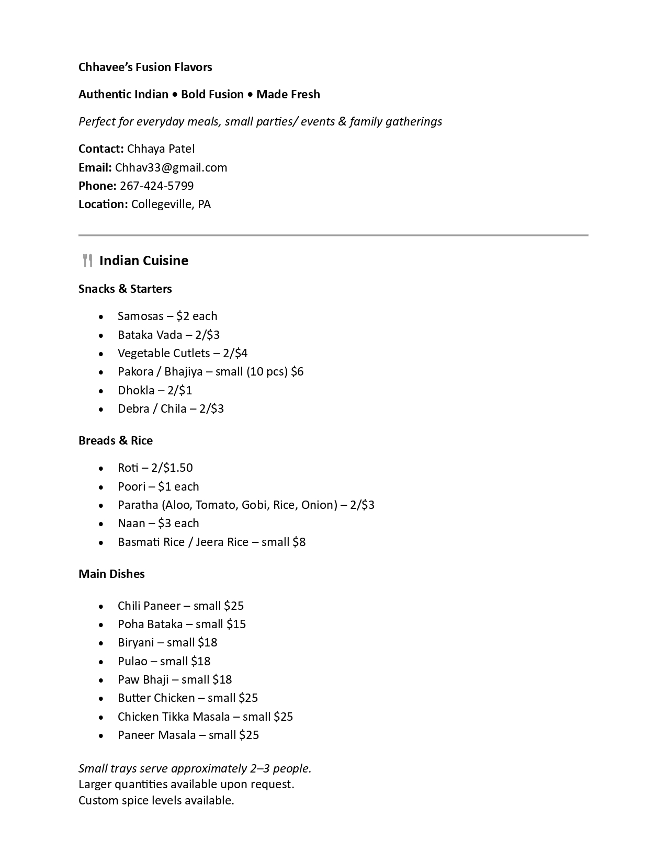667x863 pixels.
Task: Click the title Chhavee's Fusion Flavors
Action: pyautogui.click(x=145, y=67)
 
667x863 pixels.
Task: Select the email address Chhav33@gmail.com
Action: pyautogui.click(x=171, y=167)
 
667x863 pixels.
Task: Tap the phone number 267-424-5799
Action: pyautogui.click(x=156, y=186)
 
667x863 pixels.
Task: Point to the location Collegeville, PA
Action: pyautogui.click(x=171, y=204)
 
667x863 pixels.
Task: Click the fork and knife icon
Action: pyautogui.click(x=87, y=260)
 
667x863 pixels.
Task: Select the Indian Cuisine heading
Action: pyautogui.click(x=143, y=260)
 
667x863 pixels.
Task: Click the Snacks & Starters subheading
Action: pyautogui.click(x=125, y=289)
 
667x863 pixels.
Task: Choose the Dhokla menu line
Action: pyautogui.click(x=154, y=390)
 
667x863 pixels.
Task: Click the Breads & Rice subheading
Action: pyautogui.click(x=116, y=440)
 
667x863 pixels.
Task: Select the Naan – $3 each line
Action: pyautogui.click(x=158, y=523)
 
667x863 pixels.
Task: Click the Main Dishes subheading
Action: pyautogui.click(x=111, y=574)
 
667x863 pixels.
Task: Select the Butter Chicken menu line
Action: pyautogui.click(x=187, y=698)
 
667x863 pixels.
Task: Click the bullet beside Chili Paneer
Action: pyautogui.click(x=101, y=606)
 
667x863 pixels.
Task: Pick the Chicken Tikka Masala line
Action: pyautogui.click(x=205, y=717)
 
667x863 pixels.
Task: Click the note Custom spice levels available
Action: pyautogui.click(x=156, y=800)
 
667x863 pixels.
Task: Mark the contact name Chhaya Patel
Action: pyautogui.click(x=161, y=149)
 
